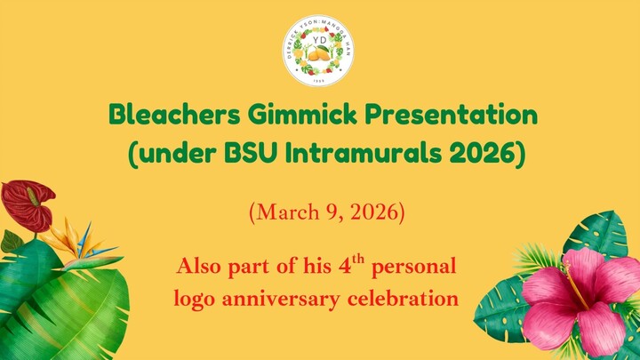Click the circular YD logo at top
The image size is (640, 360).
[320, 51]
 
